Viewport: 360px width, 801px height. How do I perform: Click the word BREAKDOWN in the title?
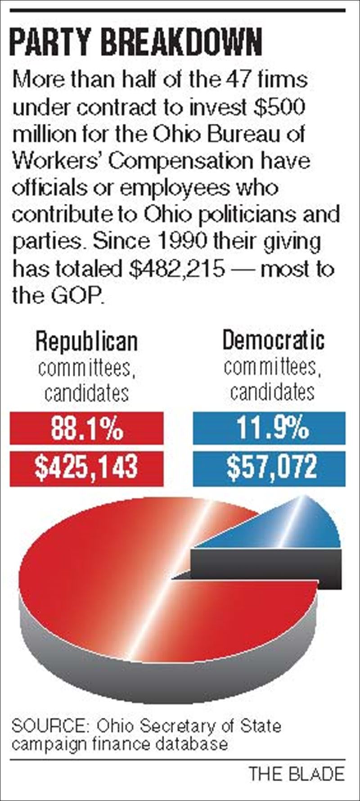coord(180,44)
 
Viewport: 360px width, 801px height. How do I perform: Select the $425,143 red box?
coord(87,467)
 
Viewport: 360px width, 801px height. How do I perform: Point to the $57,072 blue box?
coord(269,467)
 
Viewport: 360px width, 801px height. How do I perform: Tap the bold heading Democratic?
coord(273,340)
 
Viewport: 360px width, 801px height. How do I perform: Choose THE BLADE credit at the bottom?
coord(297,774)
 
